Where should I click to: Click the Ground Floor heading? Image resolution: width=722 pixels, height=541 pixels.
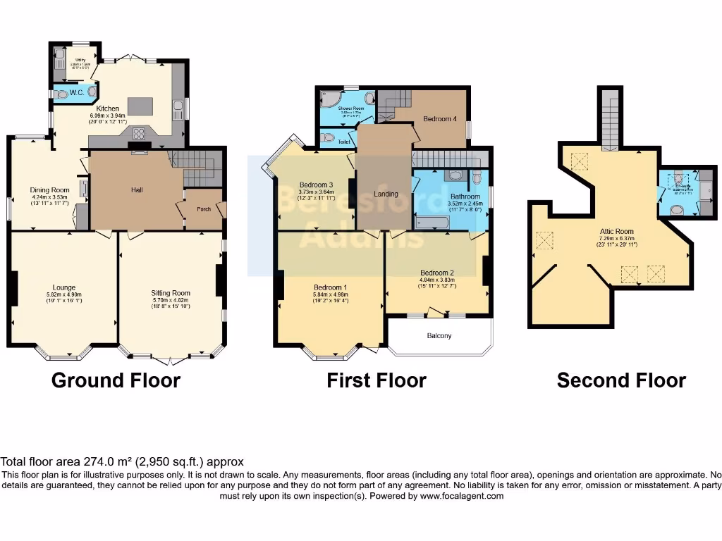coord(116,381)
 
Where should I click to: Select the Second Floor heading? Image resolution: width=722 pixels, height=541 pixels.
coord(621,381)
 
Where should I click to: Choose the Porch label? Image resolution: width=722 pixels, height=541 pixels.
coord(203,209)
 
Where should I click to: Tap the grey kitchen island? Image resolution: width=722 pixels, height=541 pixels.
coord(140,106)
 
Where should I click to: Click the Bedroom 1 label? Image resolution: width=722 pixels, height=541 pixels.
coord(330,287)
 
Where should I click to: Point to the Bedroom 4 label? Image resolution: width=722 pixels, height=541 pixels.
coord(439,119)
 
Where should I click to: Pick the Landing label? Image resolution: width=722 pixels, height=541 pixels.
coord(386,194)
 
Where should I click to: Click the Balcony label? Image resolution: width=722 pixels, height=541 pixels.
coord(439,336)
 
